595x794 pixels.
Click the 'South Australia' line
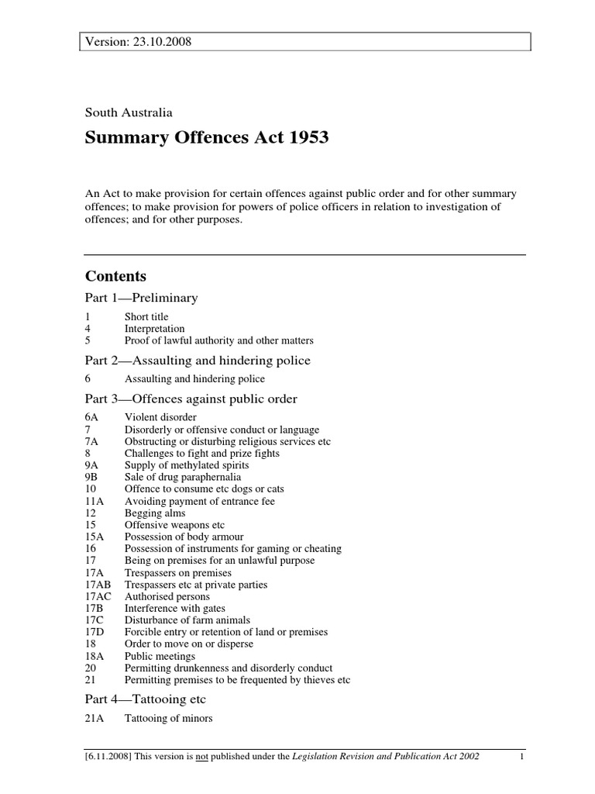click(x=129, y=112)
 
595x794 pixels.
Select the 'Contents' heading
click(x=115, y=277)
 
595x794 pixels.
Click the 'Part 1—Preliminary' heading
click(x=141, y=298)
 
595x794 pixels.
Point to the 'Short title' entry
click(x=146, y=317)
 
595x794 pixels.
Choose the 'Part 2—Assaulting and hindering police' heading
click(x=198, y=360)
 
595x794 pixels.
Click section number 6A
click(x=92, y=418)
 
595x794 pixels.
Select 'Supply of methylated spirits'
click(x=184, y=466)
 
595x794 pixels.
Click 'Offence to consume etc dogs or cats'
click(x=200, y=489)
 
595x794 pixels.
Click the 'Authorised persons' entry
click(x=167, y=597)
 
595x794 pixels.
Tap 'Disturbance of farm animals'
click(x=187, y=620)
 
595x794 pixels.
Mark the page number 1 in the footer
click(x=523, y=756)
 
